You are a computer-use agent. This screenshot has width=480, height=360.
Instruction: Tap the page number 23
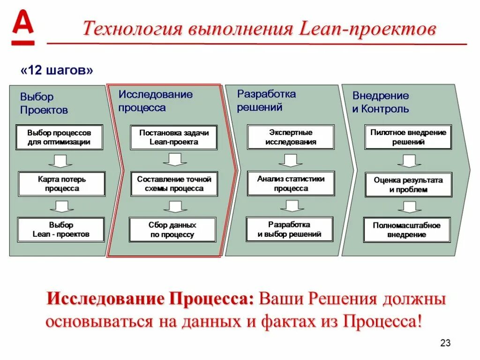(x=445, y=343)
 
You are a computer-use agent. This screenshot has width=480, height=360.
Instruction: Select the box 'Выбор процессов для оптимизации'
(x=59, y=137)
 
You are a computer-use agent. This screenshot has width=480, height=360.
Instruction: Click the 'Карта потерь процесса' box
(x=62, y=184)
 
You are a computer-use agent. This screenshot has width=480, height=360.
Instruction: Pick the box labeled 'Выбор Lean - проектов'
(x=61, y=230)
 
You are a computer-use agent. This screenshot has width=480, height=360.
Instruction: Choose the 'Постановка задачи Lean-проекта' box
(x=174, y=137)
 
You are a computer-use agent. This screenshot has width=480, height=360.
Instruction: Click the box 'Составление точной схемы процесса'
(x=174, y=184)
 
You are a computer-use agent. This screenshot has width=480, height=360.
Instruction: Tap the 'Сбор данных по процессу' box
(x=172, y=230)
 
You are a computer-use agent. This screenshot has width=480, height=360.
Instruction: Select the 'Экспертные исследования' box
(x=291, y=137)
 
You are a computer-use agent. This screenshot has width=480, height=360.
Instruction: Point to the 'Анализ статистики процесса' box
(x=291, y=183)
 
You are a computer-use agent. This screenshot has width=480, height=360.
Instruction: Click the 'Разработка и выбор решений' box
(x=290, y=229)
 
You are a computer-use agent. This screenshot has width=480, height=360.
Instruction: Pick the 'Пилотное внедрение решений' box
(x=408, y=137)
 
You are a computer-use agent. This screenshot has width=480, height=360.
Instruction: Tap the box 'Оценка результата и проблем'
(x=408, y=185)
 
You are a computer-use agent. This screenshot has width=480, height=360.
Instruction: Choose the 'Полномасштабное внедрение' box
(x=407, y=230)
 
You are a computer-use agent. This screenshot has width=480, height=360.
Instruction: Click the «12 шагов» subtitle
(x=57, y=70)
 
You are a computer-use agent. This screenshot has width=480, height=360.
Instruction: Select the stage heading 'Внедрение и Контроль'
(x=381, y=102)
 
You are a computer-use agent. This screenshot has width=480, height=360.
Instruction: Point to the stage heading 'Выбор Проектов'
(x=44, y=103)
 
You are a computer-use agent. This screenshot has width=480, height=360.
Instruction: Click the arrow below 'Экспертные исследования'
(x=291, y=160)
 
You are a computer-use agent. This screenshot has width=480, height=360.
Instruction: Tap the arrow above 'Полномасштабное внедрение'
(x=409, y=207)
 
